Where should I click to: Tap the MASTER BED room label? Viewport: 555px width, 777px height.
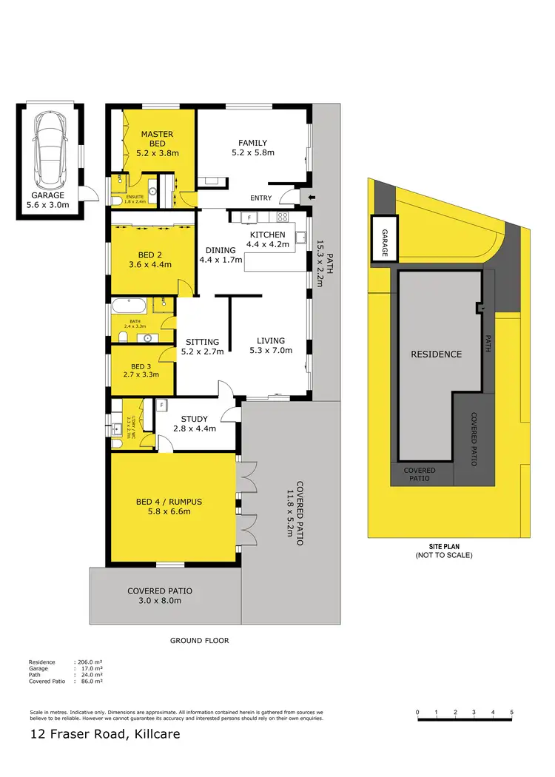158,135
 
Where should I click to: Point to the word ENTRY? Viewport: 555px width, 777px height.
261,198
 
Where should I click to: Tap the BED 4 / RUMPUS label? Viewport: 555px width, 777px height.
169,502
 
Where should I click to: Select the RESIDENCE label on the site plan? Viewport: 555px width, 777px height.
436,354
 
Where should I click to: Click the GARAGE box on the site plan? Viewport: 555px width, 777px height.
384,238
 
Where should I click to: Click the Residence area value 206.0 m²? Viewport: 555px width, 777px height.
90,662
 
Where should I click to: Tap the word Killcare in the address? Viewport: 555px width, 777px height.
153,735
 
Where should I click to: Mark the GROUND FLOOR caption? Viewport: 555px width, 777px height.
200,641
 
